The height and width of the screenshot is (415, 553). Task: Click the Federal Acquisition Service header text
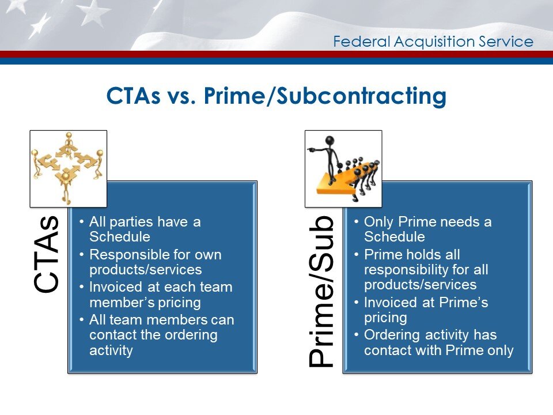(433, 41)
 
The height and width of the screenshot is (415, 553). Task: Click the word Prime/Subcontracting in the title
(323, 97)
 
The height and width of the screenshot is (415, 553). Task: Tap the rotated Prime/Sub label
(321, 291)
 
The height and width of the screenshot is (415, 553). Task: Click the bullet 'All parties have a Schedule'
(144, 229)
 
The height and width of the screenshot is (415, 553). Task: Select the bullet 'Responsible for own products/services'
(156, 262)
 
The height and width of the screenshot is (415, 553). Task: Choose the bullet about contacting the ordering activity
(161, 334)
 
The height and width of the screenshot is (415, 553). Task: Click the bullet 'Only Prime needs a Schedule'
(427, 229)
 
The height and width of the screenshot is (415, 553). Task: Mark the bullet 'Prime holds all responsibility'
(421, 269)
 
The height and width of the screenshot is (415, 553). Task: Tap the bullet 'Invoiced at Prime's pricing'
(426, 310)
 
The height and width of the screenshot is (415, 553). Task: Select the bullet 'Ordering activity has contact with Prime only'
(438, 342)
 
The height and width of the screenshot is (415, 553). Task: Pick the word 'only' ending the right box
(499, 350)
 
